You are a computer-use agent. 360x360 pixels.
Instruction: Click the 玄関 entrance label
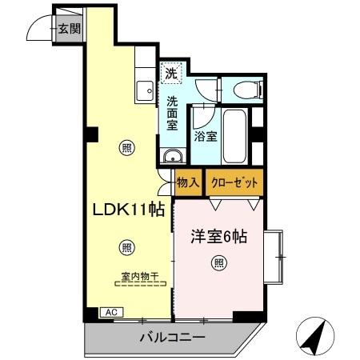pyautogui.click(x=70, y=30)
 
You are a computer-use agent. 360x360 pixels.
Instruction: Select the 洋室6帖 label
pyautogui.click(x=218, y=237)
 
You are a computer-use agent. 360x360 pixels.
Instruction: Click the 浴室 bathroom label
pyautogui.click(x=206, y=137)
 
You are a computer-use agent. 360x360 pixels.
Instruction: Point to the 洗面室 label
pyautogui.click(x=173, y=114)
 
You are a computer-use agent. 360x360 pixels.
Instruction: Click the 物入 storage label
pyautogui.click(x=188, y=183)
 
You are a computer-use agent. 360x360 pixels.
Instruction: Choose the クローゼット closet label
pyautogui.click(x=234, y=183)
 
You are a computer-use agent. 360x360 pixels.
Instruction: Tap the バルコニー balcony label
pyautogui.click(x=170, y=338)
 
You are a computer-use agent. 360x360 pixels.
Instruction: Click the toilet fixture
pyautogui.click(x=243, y=90)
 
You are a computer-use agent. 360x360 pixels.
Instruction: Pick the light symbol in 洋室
pyautogui.click(x=218, y=262)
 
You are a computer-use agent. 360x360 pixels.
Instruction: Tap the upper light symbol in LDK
pyautogui.click(x=126, y=146)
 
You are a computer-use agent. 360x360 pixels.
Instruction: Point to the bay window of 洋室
pyautogui.click(x=276, y=256)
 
